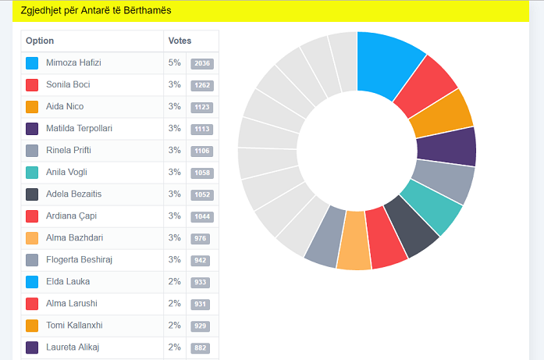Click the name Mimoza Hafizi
pos(73,62)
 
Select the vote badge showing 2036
pos(201,63)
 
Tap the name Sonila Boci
pos(68,84)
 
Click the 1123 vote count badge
pos(201,107)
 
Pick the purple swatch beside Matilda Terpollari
pos(32,129)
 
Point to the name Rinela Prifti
pos(69,150)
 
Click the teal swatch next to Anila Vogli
pos(32,173)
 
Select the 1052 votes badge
pos(201,194)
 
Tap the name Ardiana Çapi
pos(71,216)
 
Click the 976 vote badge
pos(201,238)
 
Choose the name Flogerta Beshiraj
pos(80,259)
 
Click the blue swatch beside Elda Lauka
pos(32,282)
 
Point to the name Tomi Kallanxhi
pos(75,325)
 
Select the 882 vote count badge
pos(201,348)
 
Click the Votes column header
pos(180,41)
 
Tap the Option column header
pos(40,41)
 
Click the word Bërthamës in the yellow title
pos(144,11)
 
